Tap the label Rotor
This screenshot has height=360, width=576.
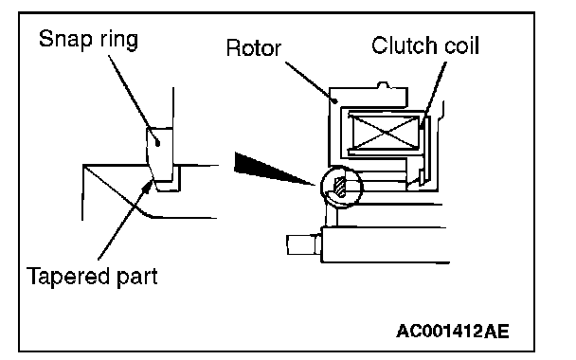pyautogui.click(x=254, y=47)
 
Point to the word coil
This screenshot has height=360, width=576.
pyautogui.click(x=461, y=45)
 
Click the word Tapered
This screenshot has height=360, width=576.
pyautogui.click(x=68, y=277)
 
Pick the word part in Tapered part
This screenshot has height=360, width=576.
pyautogui.click(x=137, y=278)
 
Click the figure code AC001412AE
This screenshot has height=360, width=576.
pyautogui.click(x=453, y=331)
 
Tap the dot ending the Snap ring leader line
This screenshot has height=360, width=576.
pyautogui.click(x=157, y=143)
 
